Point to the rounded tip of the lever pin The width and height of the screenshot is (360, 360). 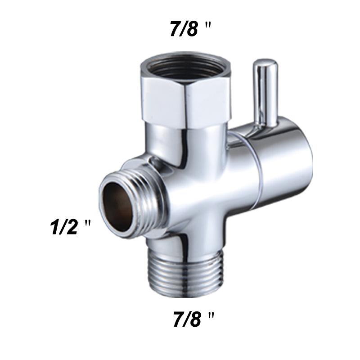pyautogui.click(x=265, y=63)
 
